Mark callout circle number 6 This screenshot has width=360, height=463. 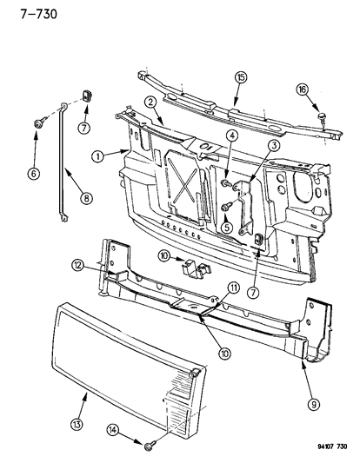pyautogui.click(x=35, y=174)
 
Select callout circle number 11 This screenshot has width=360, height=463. pyautogui.click(x=209, y=288)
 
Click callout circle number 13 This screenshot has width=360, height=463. pyautogui.click(x=83, y=400)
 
